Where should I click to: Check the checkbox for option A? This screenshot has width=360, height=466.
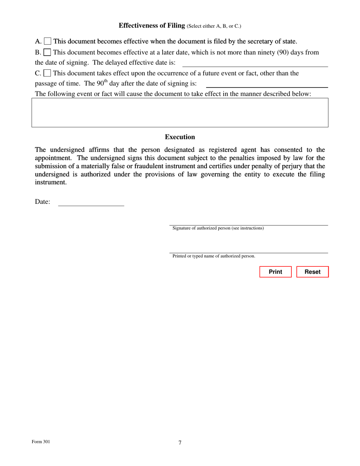coord(48,41)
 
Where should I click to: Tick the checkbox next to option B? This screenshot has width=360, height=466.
coord(47,52)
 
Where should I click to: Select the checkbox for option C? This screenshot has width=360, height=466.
coord(47,73)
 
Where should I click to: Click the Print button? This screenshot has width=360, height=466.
coord(275,272)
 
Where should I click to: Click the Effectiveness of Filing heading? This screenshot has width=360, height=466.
coord(152,25)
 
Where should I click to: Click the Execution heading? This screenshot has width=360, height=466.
coord(180,137)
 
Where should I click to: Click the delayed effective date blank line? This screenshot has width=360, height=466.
coord(255,63)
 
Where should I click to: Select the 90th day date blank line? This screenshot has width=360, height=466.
coord(267,84)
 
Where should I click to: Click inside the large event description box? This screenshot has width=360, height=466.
coord(180,113)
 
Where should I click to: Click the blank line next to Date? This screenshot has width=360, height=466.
coord(91,202)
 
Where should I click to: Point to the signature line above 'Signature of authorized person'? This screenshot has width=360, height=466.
coord(249,222)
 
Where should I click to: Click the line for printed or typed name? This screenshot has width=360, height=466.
coord(249,250)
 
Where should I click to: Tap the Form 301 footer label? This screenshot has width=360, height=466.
coord(41,442)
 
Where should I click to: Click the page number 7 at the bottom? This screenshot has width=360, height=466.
coord(180,443)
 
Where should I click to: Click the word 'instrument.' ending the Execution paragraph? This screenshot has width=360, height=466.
coord(50,182)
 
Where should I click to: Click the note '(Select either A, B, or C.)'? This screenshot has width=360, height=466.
coord(214,26)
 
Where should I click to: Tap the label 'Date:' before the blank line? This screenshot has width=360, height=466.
coord(42,202)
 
